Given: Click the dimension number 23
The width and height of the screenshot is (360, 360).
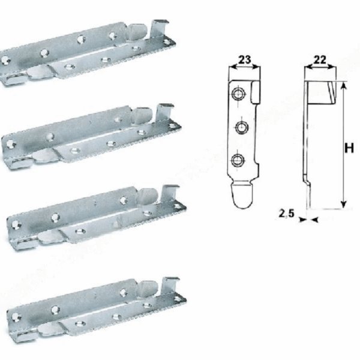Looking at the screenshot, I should tap(245, 59).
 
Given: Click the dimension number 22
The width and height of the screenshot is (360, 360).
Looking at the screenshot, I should tap(320, 59).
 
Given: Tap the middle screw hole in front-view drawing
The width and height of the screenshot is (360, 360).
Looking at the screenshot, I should tap(242, 127).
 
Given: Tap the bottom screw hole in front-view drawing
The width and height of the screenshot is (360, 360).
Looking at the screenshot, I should tap(238, 160).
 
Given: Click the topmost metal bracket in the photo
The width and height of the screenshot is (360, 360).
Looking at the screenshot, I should tap(90, 54).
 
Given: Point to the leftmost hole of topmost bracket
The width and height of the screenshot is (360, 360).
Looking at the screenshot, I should tap(7, 60).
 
